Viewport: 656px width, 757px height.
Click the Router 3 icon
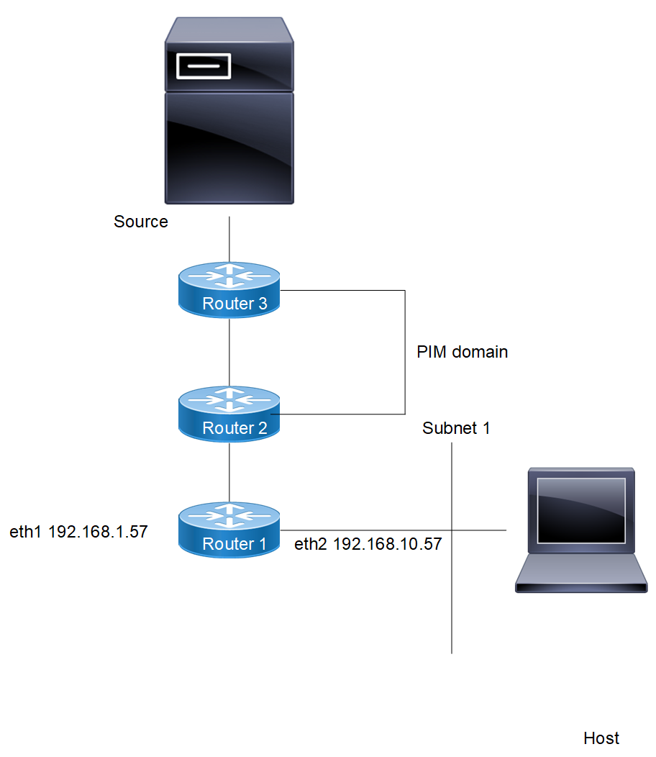(x=229, y=289)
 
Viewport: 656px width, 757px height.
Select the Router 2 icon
(x=229, y=413)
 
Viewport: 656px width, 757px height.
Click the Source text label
(x=141, y=222)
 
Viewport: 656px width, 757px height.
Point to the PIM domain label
(x=463, y=352)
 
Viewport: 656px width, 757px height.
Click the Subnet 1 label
(x=456, y=428)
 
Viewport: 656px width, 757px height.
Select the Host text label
(x=601, y=738)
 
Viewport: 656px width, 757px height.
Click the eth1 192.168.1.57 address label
(x=78, y=532)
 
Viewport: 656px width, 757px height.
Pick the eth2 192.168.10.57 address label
(x=368, y=545)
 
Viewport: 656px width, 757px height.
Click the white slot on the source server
(x=204, y=65)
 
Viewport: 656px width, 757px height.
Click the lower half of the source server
(x=229, y=148)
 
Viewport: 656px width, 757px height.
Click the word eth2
(x=311, y=545)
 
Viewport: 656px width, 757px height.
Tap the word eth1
(x=24, y=532)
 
